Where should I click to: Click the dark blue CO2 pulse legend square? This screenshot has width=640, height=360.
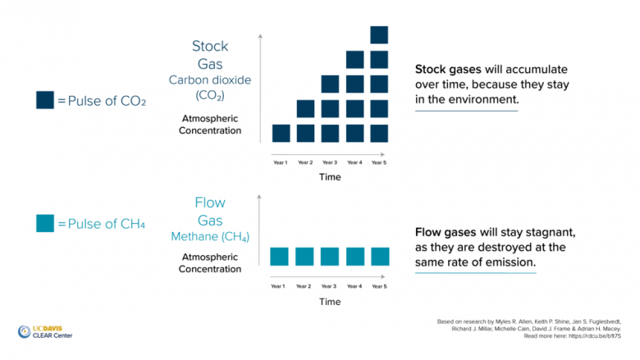(45, 100)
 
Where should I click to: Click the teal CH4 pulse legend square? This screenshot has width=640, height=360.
(45, 222)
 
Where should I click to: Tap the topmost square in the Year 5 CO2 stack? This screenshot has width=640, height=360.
(379, 35)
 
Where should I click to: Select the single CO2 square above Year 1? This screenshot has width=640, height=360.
(281, 133)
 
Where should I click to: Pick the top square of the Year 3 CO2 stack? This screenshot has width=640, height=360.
(330, 84)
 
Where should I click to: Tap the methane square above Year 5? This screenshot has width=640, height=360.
(379, 257)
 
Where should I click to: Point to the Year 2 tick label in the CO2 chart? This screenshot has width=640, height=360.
(305, 162)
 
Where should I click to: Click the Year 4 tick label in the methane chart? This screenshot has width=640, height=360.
(354, 286)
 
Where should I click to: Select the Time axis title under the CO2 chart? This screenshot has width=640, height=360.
(330, 178)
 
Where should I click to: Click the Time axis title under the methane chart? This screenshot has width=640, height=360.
(330, 302)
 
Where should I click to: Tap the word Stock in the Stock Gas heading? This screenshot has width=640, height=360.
(210, 46)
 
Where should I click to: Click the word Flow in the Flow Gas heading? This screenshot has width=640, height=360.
(210, 203)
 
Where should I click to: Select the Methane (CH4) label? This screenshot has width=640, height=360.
(210, 237)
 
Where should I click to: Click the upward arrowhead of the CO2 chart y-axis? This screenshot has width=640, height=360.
(260, 36)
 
